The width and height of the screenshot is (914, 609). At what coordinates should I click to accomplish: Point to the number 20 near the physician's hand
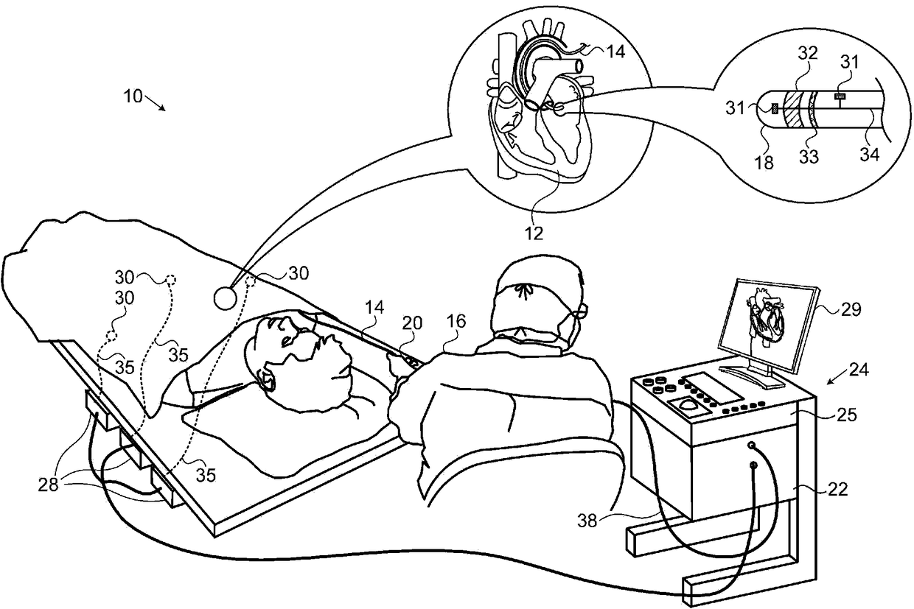point(412,323)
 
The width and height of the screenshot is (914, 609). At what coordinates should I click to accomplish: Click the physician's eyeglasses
point(577,313)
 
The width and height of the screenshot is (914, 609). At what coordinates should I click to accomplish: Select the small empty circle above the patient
point(226,298)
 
